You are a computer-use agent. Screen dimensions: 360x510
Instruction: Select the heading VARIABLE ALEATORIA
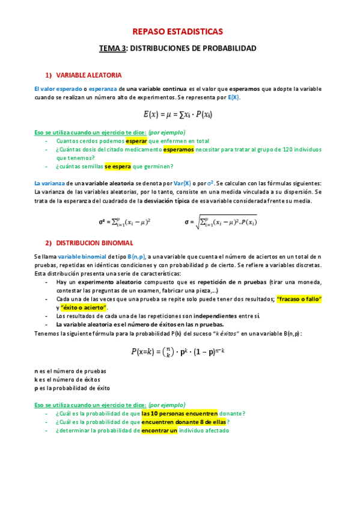coord(89,75)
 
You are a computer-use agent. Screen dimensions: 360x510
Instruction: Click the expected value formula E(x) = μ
coord(177,114)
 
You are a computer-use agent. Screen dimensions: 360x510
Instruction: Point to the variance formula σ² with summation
coord(124,221)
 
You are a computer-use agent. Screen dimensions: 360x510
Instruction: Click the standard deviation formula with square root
coord(221,221)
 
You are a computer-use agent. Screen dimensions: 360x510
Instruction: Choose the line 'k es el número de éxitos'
coord(67,379)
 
